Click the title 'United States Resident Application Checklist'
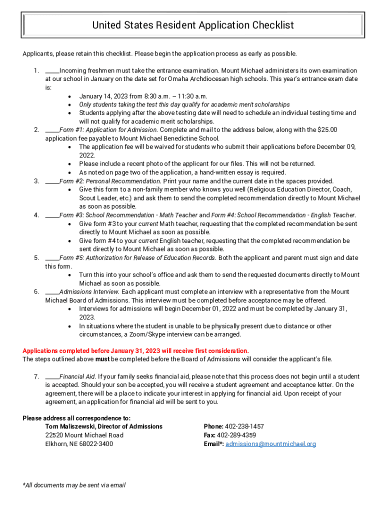(x=193, y=25)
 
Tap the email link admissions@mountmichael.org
(x=270, y=443)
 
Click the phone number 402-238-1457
(x=244, y=426)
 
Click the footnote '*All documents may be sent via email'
(x=74, y=485)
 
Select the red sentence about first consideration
(x=135, y=350)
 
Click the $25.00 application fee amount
(x=327, y=130)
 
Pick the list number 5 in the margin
(x=36, y=258)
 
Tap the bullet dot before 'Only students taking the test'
(x=69, y=104)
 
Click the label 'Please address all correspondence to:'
(x=76, y=418)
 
